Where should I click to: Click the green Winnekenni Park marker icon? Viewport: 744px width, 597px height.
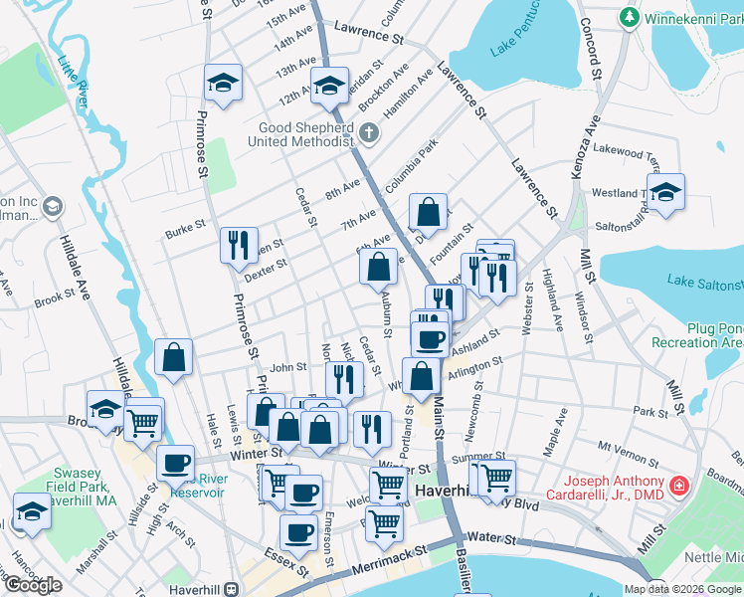(629, 18)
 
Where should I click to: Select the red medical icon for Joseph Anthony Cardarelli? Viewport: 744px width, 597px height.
(678, 487)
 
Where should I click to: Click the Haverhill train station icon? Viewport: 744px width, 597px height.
(231, 587)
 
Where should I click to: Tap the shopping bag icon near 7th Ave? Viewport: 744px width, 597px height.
(427, 211)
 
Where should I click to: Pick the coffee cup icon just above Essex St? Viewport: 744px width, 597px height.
(298, 532)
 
